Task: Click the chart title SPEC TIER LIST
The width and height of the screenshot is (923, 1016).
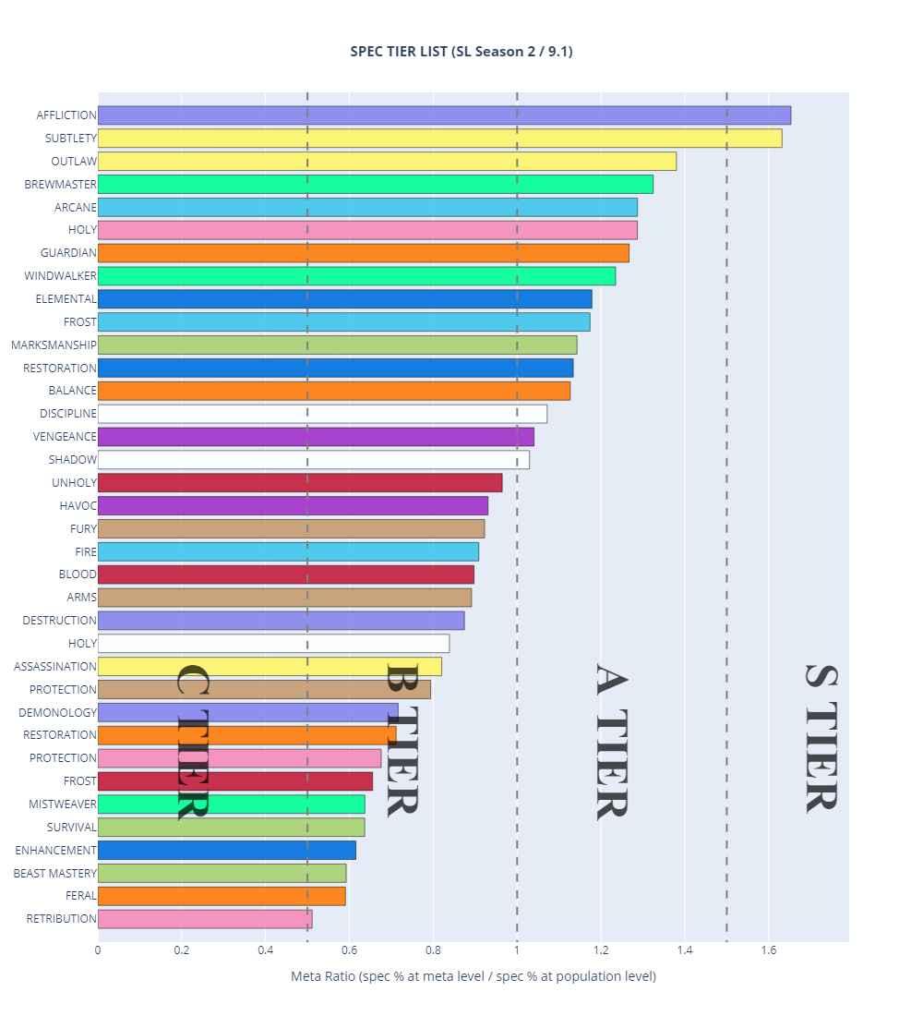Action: (x=461, y=52)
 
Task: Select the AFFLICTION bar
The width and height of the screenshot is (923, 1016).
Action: (x=444, y=115)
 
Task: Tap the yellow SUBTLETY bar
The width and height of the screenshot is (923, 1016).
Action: (x=439, y=139)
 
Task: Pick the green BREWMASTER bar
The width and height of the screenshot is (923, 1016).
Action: (x=375, y=184)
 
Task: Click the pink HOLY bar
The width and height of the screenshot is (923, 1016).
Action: (x=367, y=230)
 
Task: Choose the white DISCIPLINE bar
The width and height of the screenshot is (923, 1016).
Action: (x=322, y=414)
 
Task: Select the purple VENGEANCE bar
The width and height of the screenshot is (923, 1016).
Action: (x=316, y=437)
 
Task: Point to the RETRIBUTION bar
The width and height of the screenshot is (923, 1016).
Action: (x=205, y=919)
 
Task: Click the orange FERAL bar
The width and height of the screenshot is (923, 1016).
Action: (x=222, y=896)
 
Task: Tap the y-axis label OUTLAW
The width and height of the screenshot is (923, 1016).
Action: (x=73, y=162)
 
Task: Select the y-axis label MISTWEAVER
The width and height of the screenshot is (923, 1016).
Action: (x=63, y=804)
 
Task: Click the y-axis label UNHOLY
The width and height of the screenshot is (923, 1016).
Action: (x=75, y=483)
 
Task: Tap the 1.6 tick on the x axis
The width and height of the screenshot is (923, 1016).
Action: (x=767, y=949)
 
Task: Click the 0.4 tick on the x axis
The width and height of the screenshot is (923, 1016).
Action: (x=266, y=949)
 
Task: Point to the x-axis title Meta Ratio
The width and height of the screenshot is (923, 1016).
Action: (x=473, y=976)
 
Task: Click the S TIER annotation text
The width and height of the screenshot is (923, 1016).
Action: (x=821, y=738)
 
